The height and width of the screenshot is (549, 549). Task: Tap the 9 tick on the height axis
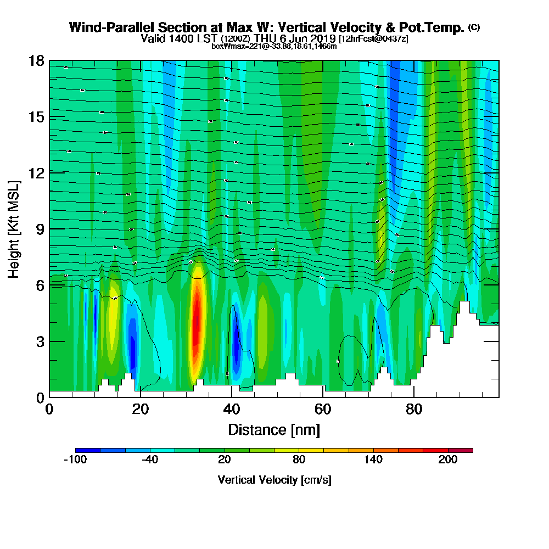point(40,229)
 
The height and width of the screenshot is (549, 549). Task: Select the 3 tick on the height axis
point(40,341)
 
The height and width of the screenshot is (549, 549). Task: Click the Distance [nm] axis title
point(274,429)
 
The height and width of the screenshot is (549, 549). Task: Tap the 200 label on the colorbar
point(448,460)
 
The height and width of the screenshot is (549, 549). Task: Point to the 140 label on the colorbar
point(373,460)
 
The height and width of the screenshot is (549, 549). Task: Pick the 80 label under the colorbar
point(299,460)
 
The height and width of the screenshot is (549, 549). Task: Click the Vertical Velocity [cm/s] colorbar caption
point(274,480)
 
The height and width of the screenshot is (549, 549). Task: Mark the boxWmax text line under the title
point(274,46)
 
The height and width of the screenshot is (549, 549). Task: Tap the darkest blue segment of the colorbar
point(88,450)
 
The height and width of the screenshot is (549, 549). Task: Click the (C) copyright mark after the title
point(474,27)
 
